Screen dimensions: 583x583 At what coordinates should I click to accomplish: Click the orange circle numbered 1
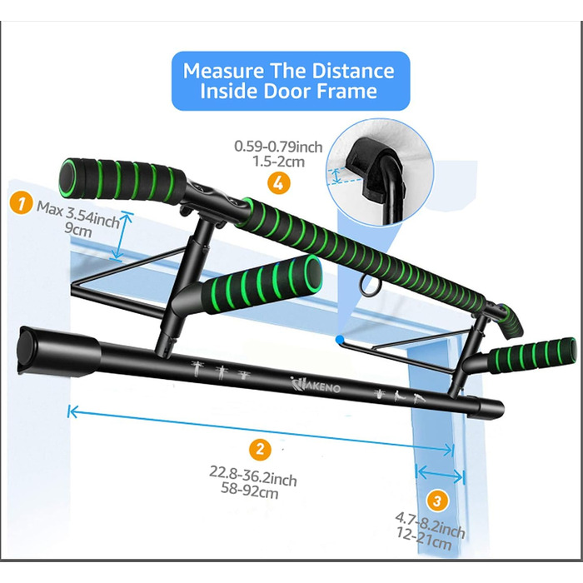tap(21, 202)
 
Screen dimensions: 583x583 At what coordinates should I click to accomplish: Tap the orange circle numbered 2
tap(260, 449)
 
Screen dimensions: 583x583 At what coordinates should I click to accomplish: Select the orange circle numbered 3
tap(437, 501)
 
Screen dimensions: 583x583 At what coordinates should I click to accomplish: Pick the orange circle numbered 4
tap(278, 183)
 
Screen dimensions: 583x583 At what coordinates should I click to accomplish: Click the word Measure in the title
tap(223, 70)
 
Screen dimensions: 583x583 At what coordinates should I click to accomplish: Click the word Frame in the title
tap(346, 91)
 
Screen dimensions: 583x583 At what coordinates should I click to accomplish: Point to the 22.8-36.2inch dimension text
tap(253, 476)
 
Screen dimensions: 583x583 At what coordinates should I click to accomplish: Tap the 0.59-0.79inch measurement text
tap(278, 147)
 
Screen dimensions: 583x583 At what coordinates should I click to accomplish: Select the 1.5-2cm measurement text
tap(279, 162)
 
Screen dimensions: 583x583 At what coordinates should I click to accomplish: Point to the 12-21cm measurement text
tap(423, 539)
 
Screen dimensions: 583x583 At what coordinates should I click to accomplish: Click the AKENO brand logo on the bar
tap(316, 385)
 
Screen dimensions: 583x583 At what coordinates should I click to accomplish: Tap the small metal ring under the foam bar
tap(368, 285)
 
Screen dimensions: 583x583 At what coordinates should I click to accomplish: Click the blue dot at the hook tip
tap(339, 339)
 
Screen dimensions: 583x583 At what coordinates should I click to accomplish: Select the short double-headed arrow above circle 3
tap(441, 475)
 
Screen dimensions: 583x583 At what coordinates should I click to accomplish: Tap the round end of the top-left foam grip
tap(69, 177)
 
